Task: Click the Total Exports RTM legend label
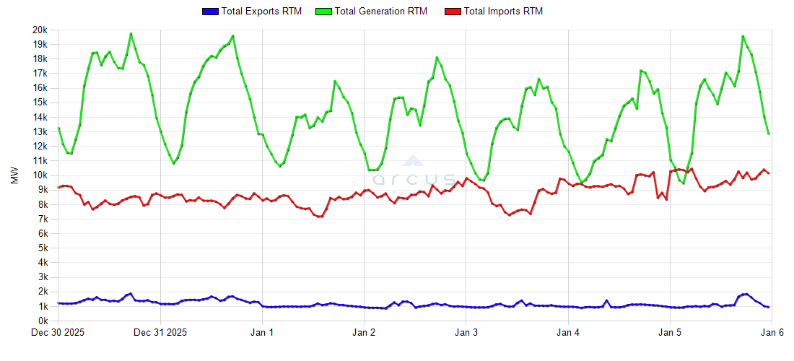point(262,11)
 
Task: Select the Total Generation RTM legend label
point(381,11)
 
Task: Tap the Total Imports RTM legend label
point(503,11)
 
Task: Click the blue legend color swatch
point(211,11)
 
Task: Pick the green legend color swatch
point(326,11)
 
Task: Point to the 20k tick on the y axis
point(40,30)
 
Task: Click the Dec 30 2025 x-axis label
point(58,333)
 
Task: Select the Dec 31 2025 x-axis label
point(160,333)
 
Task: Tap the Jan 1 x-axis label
point(262,333)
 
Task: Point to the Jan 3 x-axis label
point(466,333)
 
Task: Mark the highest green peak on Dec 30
point(131,33)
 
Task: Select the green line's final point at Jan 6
point(769,134)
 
